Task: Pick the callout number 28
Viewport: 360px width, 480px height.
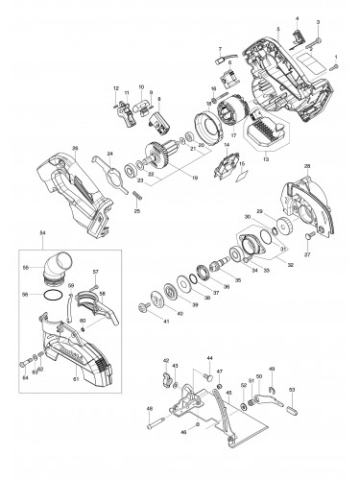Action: [307, 168]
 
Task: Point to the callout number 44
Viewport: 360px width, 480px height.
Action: [208, 357]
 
